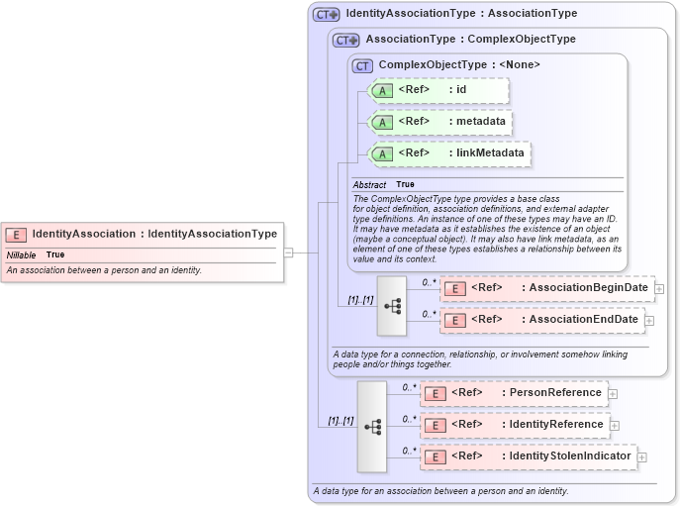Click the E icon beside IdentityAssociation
(16, 235)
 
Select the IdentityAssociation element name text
(83, 235)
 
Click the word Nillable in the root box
(21, 255)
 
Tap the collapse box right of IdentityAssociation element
(288, 253)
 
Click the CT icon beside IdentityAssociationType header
(326, 15)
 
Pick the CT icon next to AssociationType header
(345, 40)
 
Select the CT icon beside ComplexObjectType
(362, 65)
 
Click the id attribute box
(437, 91)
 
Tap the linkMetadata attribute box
(448, 153)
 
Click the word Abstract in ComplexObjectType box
(369, 185)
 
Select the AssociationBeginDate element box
(546, 288)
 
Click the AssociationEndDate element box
(541, 320)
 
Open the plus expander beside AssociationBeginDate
(659, 289)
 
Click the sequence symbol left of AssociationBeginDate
(392, 306)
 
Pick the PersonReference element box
(514, 393)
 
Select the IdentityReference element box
(515, 425)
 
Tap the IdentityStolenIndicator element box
(528, 456)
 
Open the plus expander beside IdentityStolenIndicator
(641, 457)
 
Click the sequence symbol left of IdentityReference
(372, 427)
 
